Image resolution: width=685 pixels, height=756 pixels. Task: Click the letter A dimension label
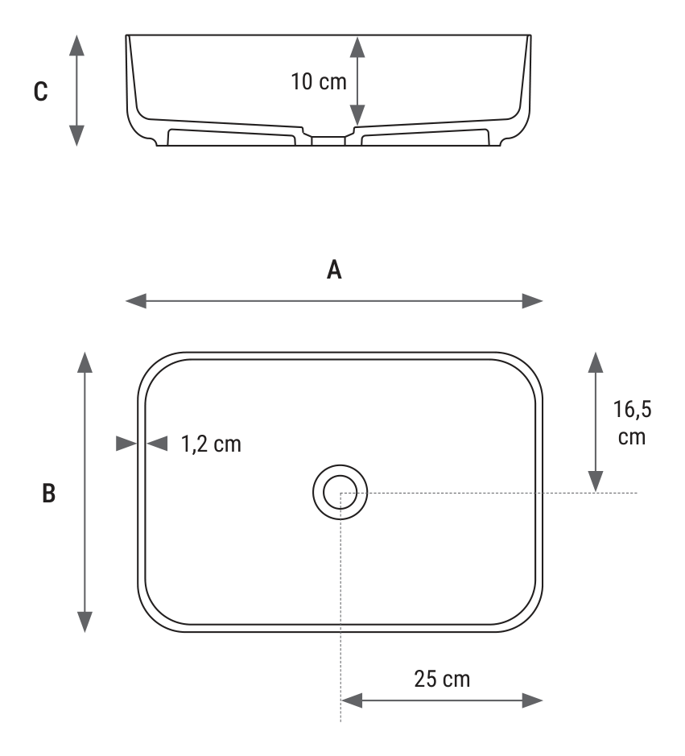(x=334, y=270)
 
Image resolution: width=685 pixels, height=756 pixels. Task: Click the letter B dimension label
(x=48, y=494)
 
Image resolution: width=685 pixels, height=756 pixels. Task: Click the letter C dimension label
(x=41, y=91)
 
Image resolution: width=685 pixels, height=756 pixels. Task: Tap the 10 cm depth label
(x=319, y=81)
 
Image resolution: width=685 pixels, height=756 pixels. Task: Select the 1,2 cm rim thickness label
(x=211, y=444)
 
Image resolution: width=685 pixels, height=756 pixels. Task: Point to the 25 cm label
(x=442, y=679)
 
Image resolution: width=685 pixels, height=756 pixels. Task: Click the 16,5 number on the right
(x=632, y=409)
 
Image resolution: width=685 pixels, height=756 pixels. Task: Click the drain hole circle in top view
(x=340, y=492)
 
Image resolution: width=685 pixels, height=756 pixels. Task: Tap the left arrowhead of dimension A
(x=136, y=301)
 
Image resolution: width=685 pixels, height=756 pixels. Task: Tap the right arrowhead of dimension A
(x=533, y=301)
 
